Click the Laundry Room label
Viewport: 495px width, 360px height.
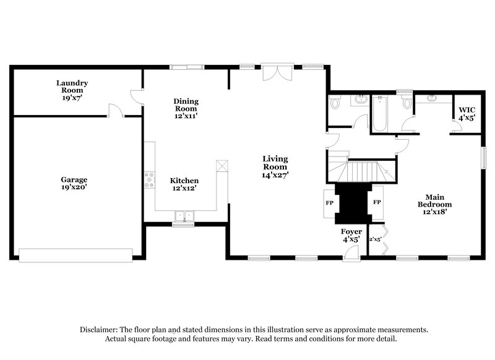(x=72, y=90)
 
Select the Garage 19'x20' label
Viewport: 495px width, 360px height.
(x=74, y=183)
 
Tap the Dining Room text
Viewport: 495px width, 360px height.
(x=186, y=108)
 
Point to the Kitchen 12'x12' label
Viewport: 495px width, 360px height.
(x=184, y=184)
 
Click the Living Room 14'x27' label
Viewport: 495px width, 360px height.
(x=275, y=167)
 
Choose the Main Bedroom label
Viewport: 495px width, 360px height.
(x=434, y=204)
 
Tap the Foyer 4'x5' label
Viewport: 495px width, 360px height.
(x=352, y=236)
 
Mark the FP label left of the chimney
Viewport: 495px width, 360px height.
(x=329, y=202)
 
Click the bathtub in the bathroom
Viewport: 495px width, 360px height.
(x=379, y=116)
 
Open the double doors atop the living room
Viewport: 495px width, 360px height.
(x=275, y=74)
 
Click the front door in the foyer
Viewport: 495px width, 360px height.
(x=351, y=251)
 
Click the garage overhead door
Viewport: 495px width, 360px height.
(x=75, y=254)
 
